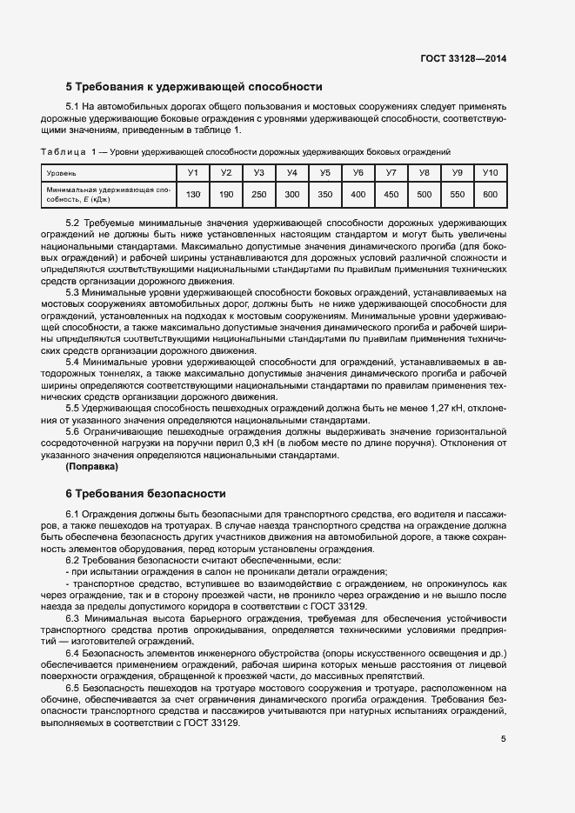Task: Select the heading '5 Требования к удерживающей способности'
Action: (194, 87)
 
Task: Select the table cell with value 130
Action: (193, 194)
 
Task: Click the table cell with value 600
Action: (490, 194)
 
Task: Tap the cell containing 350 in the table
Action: (325, 194)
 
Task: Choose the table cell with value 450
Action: (391, 194)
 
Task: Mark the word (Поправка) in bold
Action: (95, 467)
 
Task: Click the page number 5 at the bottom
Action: (504, 740)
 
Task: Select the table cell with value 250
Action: (259, 194)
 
